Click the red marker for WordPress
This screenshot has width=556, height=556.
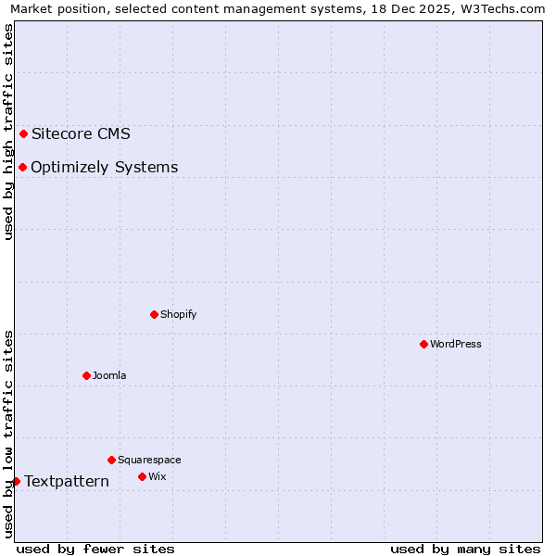[423, 344]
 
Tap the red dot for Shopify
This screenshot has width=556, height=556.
[154, 314]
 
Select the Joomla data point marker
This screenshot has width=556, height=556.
[86, 375]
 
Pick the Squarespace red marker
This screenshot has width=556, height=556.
[111, 460]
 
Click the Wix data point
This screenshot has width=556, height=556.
[142, 476]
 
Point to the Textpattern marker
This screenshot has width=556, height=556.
[16, 481]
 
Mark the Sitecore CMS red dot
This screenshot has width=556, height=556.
[23, 133]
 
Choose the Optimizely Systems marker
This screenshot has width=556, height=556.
[22, 167]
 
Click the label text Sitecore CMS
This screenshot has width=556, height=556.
[81, 133]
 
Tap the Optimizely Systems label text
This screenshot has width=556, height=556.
[104, 167]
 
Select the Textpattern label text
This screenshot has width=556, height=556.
[67, 481]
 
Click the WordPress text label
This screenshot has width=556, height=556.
[456, 344]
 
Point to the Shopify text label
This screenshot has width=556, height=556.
[178, 314]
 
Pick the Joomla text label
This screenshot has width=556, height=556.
[109, 375]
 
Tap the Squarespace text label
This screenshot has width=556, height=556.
[149, 460]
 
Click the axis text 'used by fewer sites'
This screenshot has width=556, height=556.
[95, 549]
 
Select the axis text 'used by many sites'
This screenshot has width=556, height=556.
[465, 549]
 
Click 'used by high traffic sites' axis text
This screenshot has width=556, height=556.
[8, 132]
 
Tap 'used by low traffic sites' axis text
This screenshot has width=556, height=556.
[8, 433]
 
